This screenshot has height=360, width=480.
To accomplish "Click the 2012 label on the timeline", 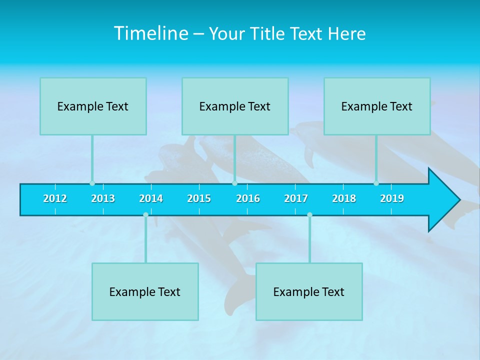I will [x=55, y=198].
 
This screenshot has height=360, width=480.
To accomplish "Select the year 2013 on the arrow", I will [x=103, y=198].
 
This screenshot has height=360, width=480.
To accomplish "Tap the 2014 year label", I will [x=151, y=198].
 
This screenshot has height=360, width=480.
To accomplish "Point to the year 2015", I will [x=199, y=198].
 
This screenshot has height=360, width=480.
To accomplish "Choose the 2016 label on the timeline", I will [x=248, y=198].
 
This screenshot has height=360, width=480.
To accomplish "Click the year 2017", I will [x=296, y=198].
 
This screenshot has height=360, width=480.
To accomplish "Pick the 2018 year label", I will [x=344, y=198].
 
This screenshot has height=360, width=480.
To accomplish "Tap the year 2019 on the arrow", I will [x=392, y=198].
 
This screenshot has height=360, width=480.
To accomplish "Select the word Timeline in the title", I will [x=150, y=33].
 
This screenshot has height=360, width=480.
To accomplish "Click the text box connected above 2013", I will [x=93, y=106].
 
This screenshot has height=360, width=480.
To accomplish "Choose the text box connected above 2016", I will [x=235, y=106].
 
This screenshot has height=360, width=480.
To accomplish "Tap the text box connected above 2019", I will [x=377, y=106].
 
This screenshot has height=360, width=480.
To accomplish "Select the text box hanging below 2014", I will [x=145, y=291].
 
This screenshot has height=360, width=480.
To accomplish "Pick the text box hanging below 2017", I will [x=309, y=291].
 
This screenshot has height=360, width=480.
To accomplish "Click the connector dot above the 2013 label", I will [x=92, y=183].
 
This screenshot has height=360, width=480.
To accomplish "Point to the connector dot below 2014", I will [x=145, y=215].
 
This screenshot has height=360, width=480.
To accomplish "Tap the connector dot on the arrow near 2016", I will [x=234, y=183].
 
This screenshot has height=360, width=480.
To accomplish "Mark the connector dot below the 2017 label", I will [x=309, y=215].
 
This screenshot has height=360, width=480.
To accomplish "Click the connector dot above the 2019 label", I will [x=376, y=183].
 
